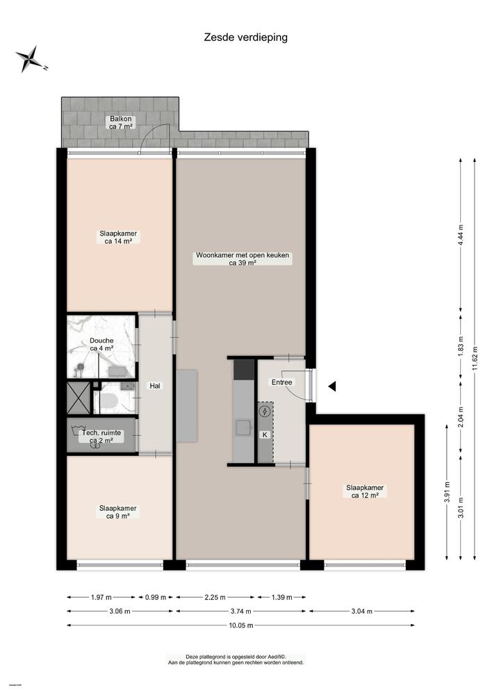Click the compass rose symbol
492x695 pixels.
pos(30,58)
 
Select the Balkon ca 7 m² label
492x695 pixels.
pos(120,122)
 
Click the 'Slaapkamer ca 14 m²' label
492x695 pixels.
pos(118,238)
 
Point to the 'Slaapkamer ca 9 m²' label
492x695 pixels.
pos(118,512)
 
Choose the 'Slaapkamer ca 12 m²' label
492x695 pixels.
pos(365,491)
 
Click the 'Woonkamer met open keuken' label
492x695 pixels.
pos(243,259)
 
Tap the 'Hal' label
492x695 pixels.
pos(156,386)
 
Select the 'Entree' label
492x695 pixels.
pos(282,382)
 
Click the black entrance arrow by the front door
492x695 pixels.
pos(333,386)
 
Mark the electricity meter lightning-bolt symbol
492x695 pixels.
pos(265,411)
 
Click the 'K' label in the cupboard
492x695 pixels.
pos(264,435)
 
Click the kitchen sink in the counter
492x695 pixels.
pos(243,426)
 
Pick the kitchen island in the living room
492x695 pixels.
pos(187,406)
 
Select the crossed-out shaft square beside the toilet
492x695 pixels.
pos(79,397)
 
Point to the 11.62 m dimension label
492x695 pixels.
pos(475,358)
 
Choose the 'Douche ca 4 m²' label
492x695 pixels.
pos(101,344)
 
